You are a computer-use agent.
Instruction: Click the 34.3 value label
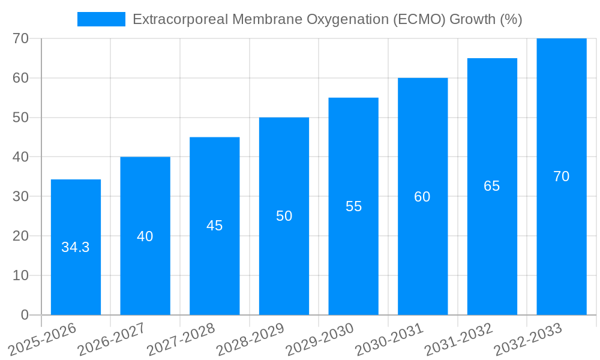coord(76,247)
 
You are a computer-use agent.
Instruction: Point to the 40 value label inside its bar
coord(145,236)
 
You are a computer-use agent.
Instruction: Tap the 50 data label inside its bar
coord(284,216)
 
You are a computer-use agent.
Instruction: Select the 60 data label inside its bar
coord(422,197)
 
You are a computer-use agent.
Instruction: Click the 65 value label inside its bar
coord(492,186)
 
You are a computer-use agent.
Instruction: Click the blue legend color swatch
coord(101,19)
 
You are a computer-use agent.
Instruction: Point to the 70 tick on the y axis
coord(21,38)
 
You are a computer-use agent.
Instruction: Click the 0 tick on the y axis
coord(25,315)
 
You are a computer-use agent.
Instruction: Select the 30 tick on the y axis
coord(21,197)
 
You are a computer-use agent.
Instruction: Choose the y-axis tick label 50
coord(21,118)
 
